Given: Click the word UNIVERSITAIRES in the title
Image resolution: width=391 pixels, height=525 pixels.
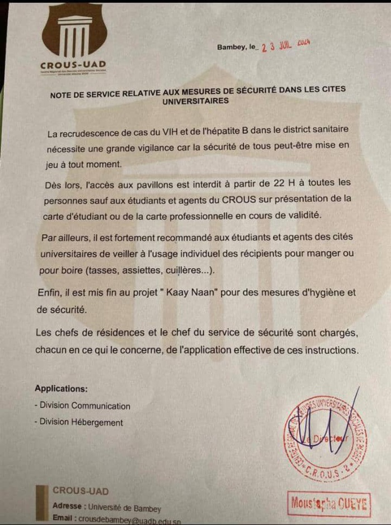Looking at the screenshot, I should coord(195,101).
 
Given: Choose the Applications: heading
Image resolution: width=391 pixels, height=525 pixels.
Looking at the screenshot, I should coord(61,388).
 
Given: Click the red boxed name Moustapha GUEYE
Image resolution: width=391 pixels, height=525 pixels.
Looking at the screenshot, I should coord(328,504).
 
